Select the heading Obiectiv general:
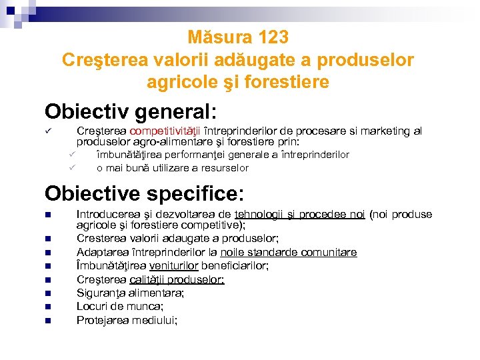131,111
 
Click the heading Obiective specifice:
145,193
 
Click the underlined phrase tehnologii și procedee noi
300,214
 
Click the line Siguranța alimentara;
130,293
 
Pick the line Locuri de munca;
119,306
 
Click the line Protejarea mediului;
127,320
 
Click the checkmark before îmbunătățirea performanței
74,155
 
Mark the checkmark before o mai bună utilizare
74,167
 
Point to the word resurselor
225,168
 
